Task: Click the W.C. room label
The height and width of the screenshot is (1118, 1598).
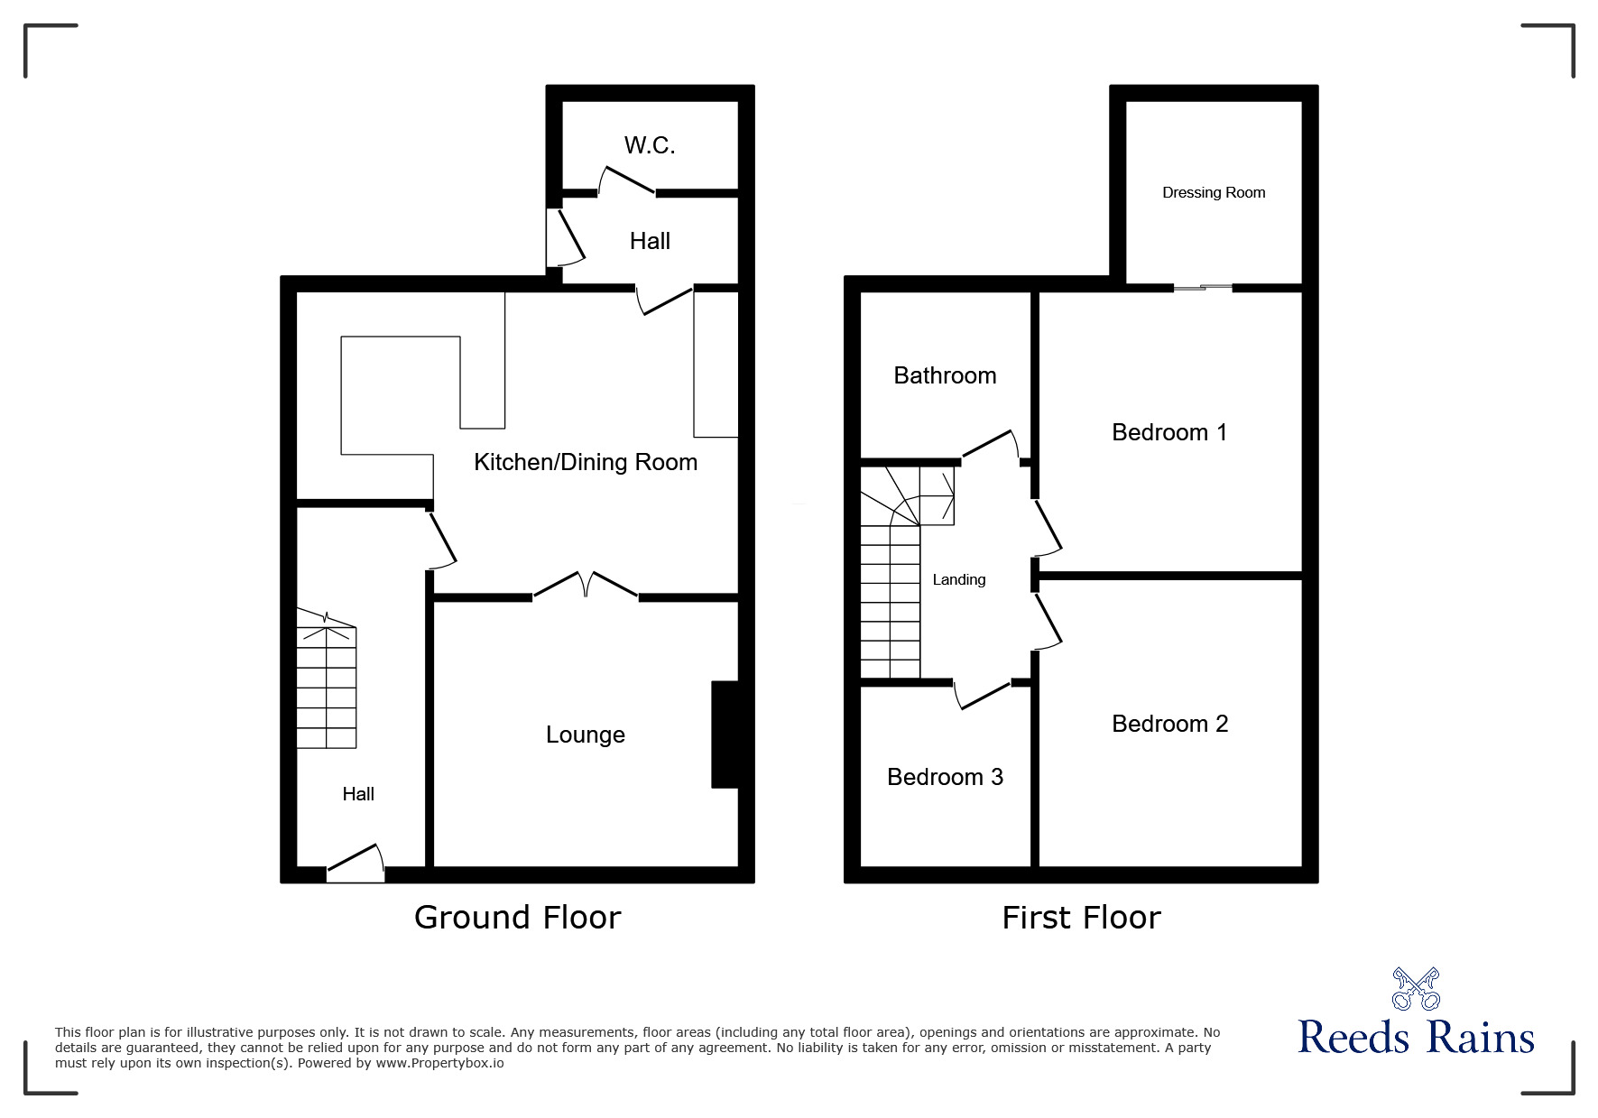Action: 650,145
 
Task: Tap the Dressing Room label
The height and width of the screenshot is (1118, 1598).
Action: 1214,192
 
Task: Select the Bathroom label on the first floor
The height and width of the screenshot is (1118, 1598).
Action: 945,375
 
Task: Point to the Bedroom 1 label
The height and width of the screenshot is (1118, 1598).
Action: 1169,432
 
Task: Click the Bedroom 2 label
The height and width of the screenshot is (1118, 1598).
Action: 1169,724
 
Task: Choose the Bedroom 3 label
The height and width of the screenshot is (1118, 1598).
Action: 945,777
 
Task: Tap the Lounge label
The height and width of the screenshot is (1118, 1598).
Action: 585,735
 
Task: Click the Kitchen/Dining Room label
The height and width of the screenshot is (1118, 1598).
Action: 586,462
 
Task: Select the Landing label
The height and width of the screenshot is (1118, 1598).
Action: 958,579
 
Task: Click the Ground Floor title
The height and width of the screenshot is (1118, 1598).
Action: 517,917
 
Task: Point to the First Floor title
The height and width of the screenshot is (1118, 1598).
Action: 1081,918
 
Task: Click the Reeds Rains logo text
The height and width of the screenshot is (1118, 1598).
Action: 1416,1038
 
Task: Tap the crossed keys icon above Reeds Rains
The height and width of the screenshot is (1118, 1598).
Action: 1416,988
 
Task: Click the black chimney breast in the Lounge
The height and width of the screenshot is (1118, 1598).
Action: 725,735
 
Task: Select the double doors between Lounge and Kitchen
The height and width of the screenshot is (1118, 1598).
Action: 586,587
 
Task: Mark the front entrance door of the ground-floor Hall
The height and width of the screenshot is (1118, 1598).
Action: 356,864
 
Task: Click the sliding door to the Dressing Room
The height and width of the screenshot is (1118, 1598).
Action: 1203,288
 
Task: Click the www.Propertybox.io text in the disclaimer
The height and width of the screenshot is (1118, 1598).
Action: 440,1063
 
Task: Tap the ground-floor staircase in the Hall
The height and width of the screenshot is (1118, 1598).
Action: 327,677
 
